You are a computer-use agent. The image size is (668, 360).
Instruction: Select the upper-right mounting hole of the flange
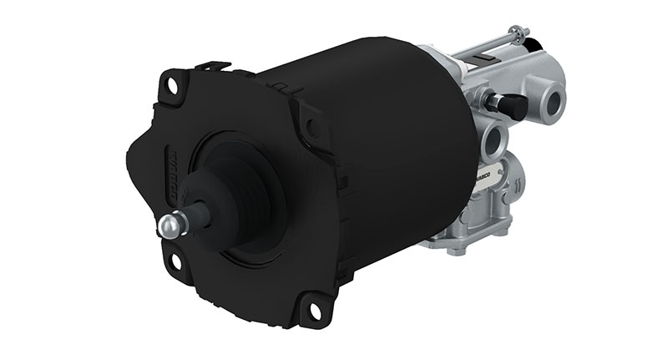click(x=311, y=128)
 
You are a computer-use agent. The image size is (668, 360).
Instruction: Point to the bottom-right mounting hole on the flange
click(x=315, y=310)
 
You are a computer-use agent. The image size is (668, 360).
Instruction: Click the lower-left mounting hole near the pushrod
click(x=176, y=261)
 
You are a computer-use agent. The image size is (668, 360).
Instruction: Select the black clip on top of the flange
click(x=212, y=65)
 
